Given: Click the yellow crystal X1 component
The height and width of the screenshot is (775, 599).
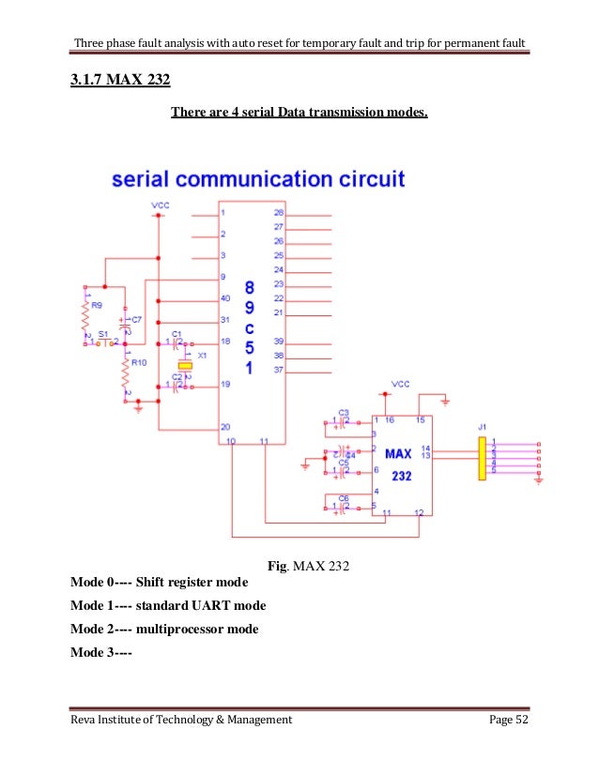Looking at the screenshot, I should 185,365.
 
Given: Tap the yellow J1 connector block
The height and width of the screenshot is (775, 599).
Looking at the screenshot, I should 482,457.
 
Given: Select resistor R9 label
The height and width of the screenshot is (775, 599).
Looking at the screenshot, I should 95,306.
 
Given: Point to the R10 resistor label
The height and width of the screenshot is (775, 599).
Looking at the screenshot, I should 138,362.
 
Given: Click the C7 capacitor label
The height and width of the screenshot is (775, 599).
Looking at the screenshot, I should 137,320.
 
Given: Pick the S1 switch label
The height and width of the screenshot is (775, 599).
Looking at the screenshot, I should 103,334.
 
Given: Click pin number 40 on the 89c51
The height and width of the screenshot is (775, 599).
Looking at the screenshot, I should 224,298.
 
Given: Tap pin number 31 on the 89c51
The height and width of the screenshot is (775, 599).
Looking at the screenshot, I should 224,320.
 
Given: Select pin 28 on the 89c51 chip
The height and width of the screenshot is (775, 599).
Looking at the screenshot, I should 278,213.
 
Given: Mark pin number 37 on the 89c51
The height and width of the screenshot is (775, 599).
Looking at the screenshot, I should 278,369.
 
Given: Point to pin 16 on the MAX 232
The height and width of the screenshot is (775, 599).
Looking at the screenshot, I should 388,421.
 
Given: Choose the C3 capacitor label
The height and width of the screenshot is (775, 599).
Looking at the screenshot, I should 343,413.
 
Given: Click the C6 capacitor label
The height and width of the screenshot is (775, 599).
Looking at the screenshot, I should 343,497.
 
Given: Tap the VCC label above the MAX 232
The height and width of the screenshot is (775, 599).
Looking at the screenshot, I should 400,385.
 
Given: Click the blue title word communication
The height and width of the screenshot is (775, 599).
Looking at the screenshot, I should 301,177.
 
